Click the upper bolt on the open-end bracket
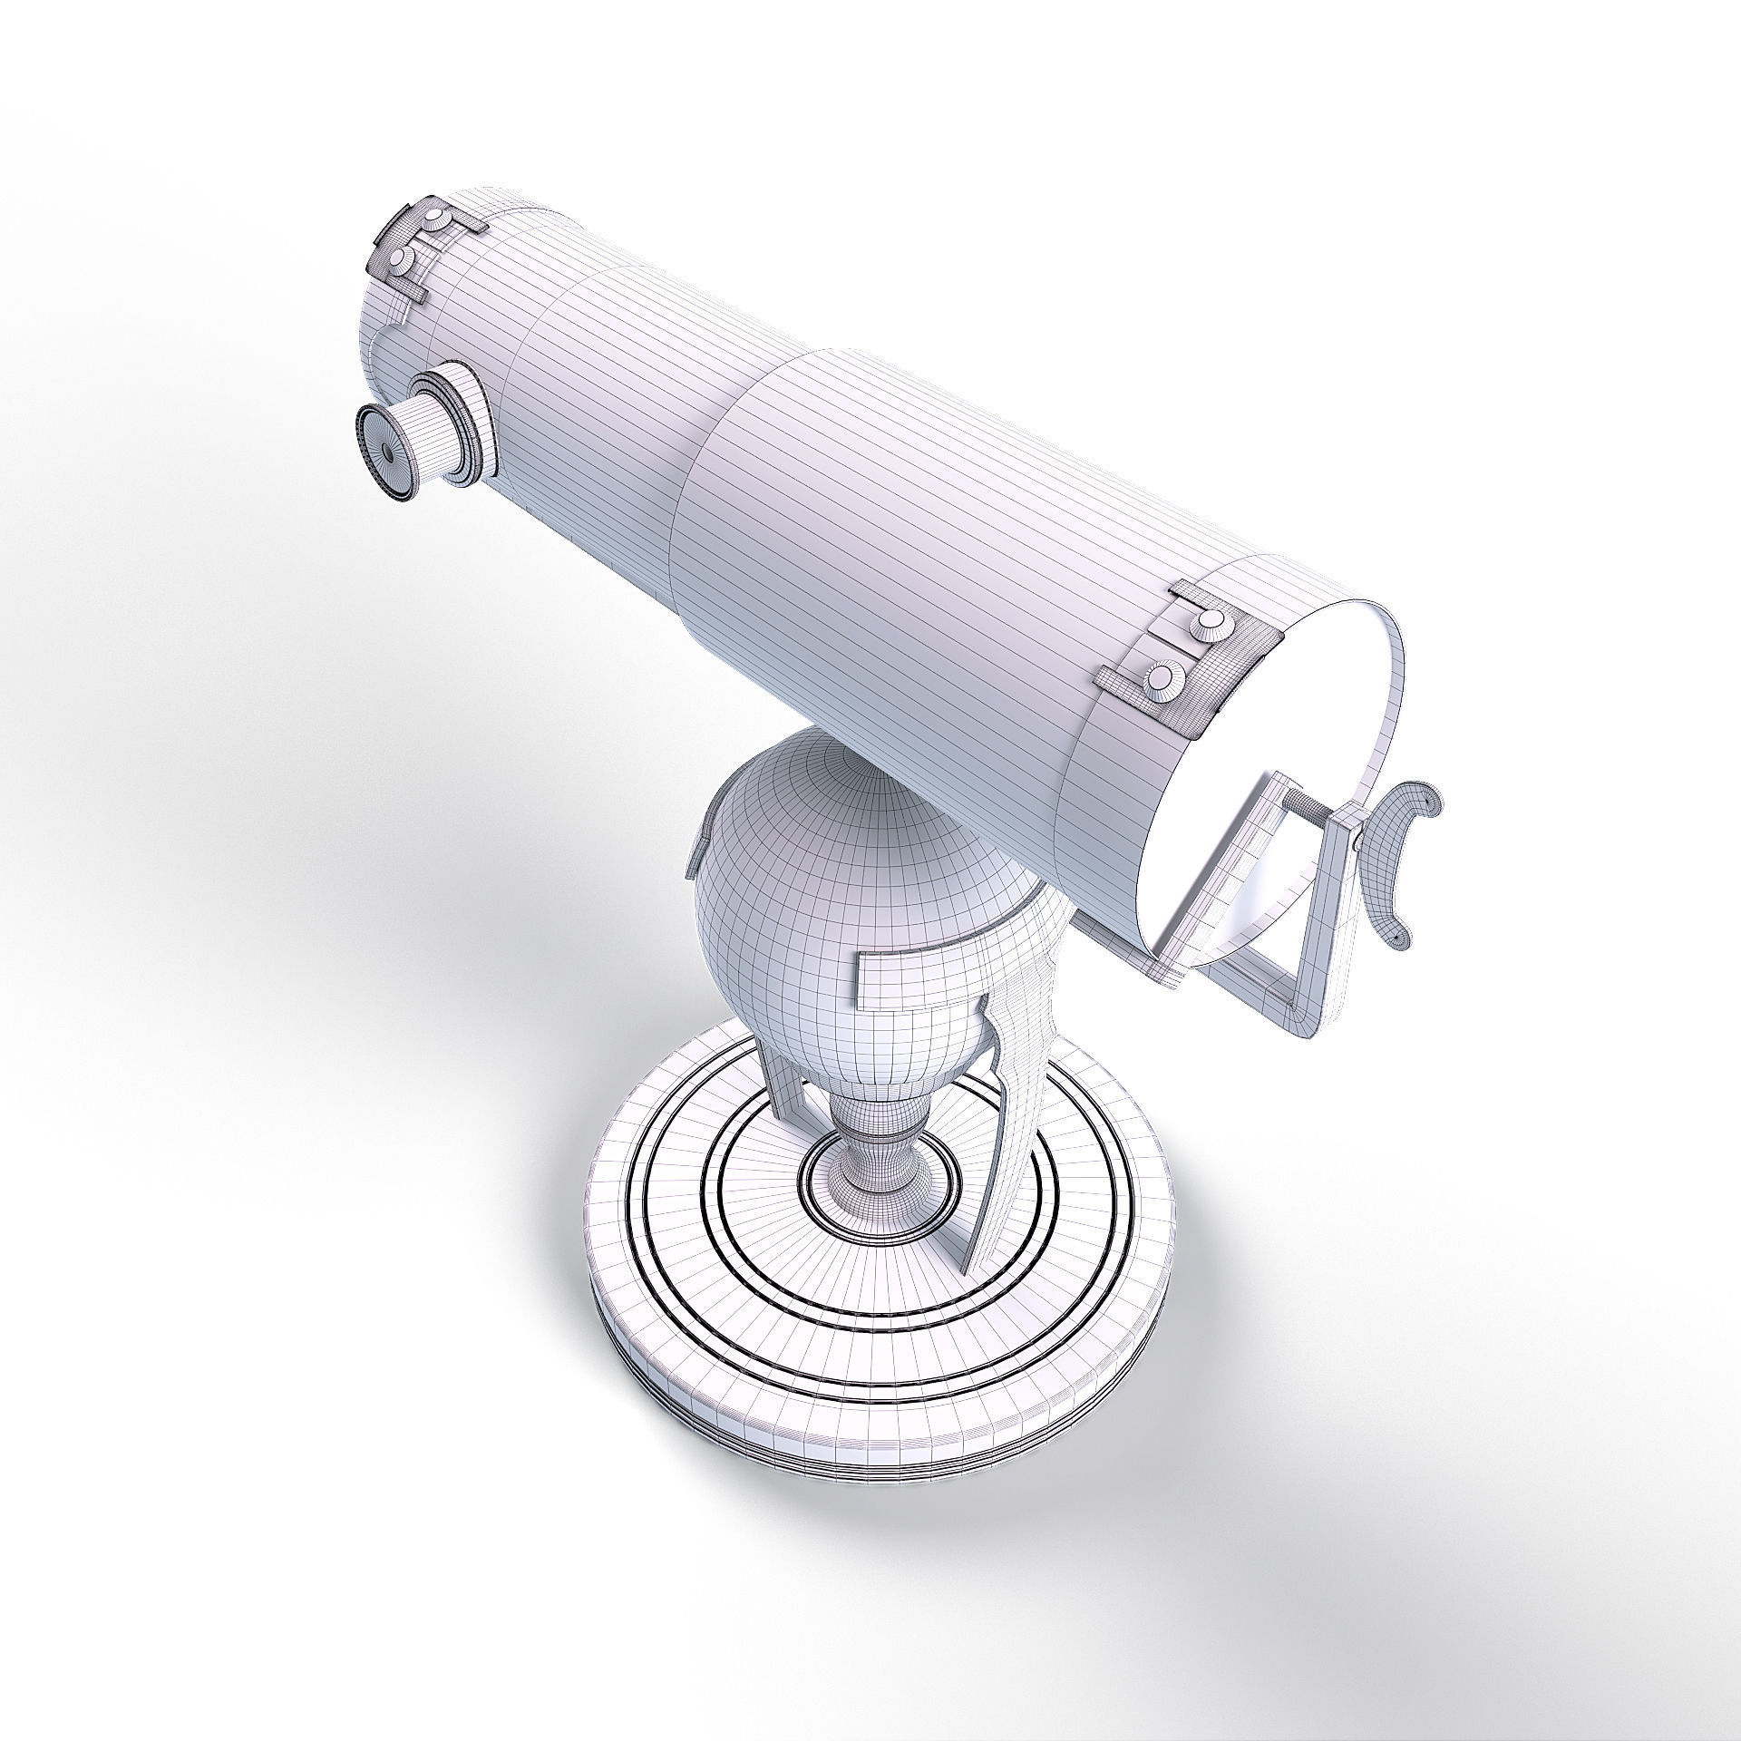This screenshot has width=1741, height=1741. coord(1210,620)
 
